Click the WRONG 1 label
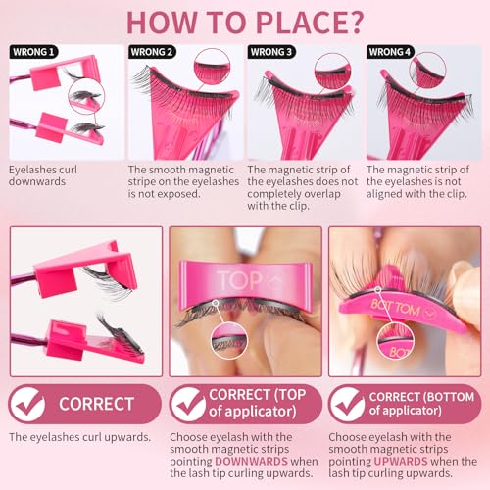(33, 52)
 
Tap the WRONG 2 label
(152, 52)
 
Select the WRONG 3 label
(271, 52)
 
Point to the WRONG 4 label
(390, 52)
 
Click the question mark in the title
(354, 23)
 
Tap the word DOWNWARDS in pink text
(251, 462)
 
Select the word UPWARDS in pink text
(401, 462)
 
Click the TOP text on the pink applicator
(240, 280)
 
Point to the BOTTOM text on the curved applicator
(396, 308)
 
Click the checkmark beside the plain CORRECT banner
(27, 404)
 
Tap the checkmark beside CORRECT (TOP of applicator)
(187, 404)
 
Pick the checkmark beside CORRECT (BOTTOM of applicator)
(347, 404)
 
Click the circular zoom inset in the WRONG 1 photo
(86, 96)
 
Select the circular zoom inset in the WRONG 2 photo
(212, 67)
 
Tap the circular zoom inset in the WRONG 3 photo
(333, 71)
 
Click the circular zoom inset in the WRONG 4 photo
(427, 71)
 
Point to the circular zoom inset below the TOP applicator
(229, 340)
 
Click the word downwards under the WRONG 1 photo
(37, 182)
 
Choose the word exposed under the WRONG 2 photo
(179, 194)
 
